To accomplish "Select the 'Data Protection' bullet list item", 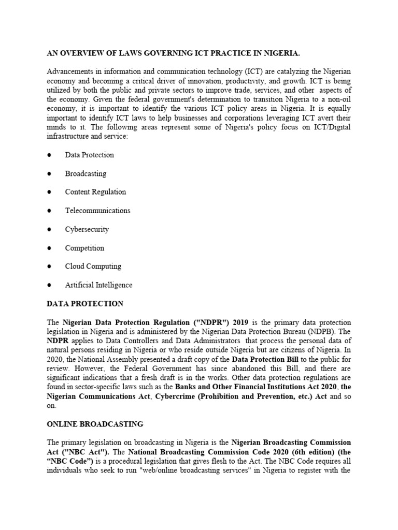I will (89, 155).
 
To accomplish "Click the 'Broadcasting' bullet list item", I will (86, 173).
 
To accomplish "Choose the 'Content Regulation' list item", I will (95, 192).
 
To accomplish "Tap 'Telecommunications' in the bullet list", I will (97, 211).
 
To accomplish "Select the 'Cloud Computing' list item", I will (93, 267).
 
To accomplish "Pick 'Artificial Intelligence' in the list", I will (98, 285).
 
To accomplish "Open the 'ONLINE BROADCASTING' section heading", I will (95, 424).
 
